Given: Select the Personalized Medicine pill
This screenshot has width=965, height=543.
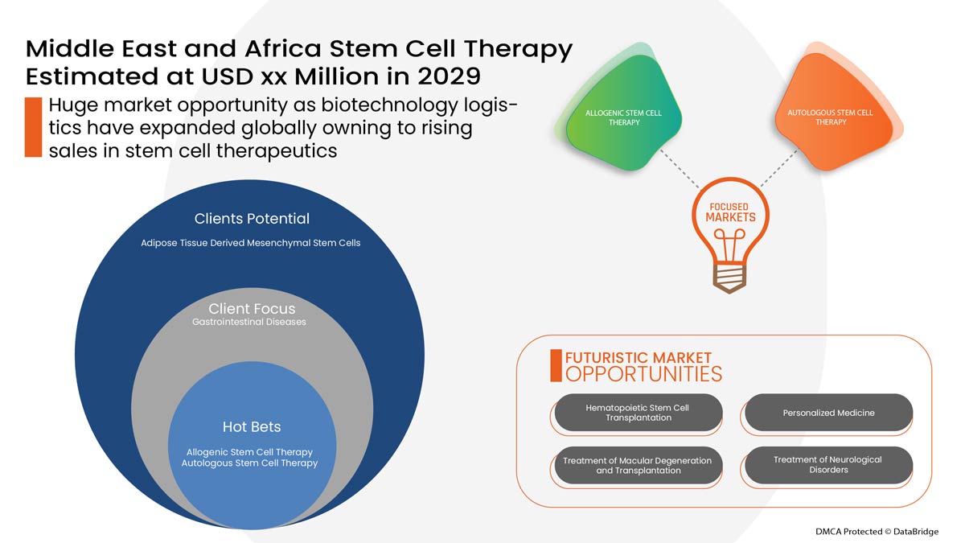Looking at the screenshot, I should pos(828,413).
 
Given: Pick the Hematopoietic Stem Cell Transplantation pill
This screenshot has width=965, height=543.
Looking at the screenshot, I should pos(638,413).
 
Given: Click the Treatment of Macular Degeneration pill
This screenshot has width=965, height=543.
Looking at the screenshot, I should pos(638,466).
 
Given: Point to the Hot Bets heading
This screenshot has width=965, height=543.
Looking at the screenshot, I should pos(252,426).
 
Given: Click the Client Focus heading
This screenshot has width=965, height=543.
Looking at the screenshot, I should pos(252,309).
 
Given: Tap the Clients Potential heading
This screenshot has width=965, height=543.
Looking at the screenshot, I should pos(252,219).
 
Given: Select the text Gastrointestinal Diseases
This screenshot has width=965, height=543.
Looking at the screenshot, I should pos(249,323).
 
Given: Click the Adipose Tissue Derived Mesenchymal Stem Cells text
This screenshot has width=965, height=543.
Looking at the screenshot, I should pos(250,243).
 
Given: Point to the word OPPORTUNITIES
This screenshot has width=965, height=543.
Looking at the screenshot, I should pos(643,374).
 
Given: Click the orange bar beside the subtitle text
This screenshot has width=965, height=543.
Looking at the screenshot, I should pos(33,127).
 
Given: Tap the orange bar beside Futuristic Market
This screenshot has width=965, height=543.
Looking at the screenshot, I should pos(556,365).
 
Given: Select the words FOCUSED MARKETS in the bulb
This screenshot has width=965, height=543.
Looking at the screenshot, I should pos(730,212).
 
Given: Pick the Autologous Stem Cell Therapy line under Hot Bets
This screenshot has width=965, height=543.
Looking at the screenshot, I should pos(249,463).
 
